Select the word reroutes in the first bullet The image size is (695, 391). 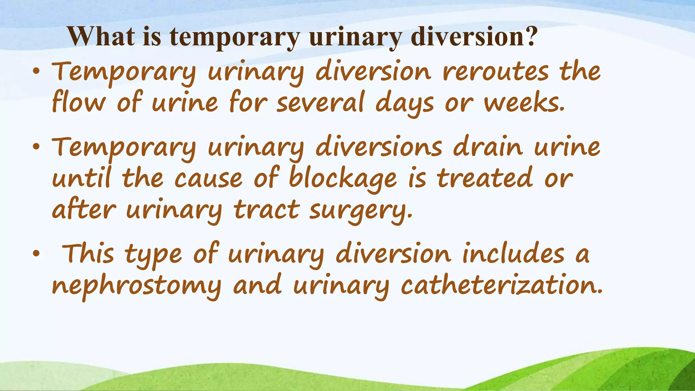point(495,72)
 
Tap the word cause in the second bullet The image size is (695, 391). point(208,179)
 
